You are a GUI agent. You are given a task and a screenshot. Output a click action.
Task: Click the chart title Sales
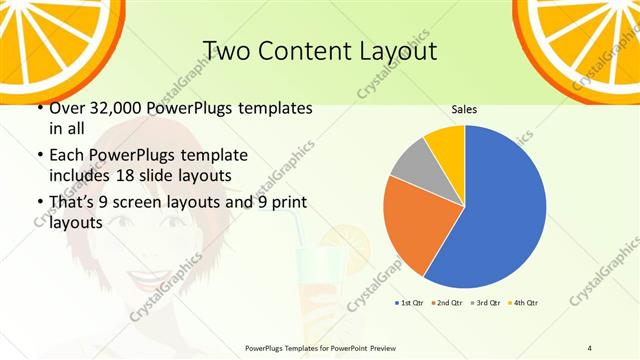(x=463, y=109)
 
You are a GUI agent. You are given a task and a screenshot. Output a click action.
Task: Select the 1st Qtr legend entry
(x=410, y=302)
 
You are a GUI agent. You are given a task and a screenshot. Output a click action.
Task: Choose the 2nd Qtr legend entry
(x=447, y=302)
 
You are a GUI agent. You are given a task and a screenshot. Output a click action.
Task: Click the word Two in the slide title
(x=226, y=50)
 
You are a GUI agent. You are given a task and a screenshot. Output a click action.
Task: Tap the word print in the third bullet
(x=284, y=204)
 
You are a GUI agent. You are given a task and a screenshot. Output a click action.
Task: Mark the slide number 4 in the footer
(x=590, y=348)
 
